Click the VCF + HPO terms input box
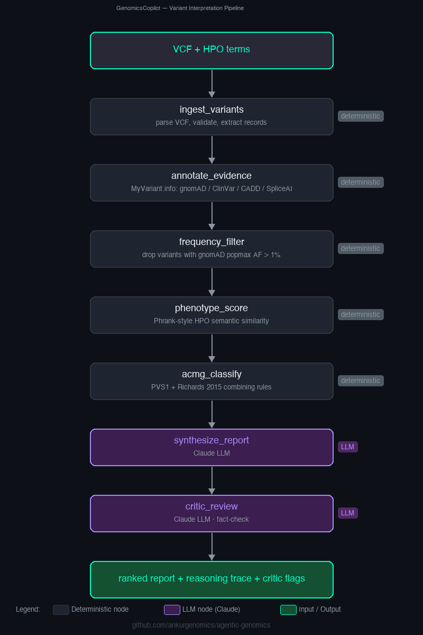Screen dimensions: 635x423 click(212, 50)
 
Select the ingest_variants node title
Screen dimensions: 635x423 click(212, 110)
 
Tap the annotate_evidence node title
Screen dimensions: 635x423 click(212, 176)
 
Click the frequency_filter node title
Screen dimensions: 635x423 click(212, 242)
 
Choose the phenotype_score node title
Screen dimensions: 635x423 click(212, 308)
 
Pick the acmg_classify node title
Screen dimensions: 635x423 click(212, 374)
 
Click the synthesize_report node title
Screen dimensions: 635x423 click(212, 440)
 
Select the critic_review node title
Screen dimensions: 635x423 click(212, 506)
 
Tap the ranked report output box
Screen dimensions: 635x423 click(212, 579)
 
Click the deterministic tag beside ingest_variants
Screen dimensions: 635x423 click(361, 116)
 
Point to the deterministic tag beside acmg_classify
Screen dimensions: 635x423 click(361, 380)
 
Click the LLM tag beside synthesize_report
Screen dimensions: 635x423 click(347, 447)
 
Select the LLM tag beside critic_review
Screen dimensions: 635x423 click(347, 513)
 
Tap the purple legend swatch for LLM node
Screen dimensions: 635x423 click(172, 610)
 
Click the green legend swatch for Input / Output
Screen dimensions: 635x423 click(288, 610)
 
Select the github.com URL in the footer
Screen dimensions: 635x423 click(201, 625)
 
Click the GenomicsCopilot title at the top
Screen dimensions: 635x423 click(180, 8)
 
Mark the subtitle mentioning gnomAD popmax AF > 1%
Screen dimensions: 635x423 click(212, 255)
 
